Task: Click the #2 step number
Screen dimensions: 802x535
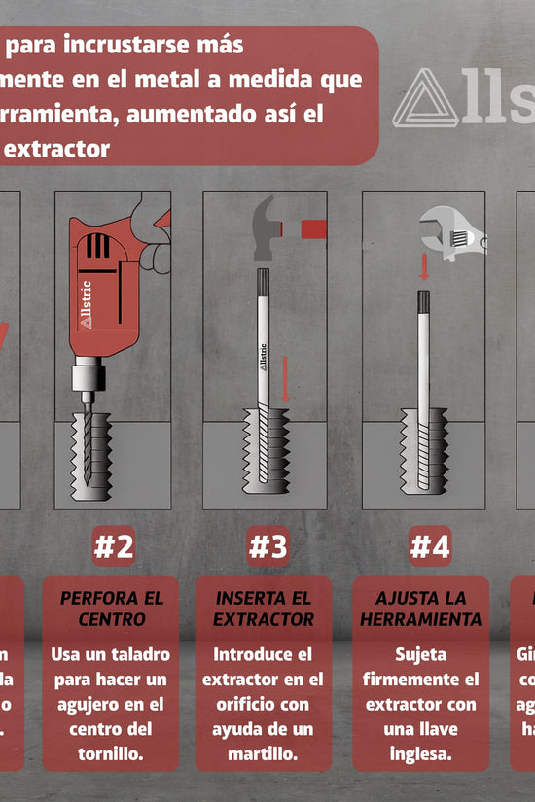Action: pyautogui.click(x=113, y=547)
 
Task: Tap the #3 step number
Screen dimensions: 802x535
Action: pyautogui.click(x=267, y=547)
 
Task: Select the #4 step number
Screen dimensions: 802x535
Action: pyautogui.click(x=429, y=547)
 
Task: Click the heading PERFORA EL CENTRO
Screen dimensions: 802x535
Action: pyautogui.click(x=112, y=609)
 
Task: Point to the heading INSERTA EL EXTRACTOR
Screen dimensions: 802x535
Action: pyautogui.click(x=264, y=609)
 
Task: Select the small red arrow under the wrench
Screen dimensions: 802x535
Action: pyautogui.click(x=424, y=265)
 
